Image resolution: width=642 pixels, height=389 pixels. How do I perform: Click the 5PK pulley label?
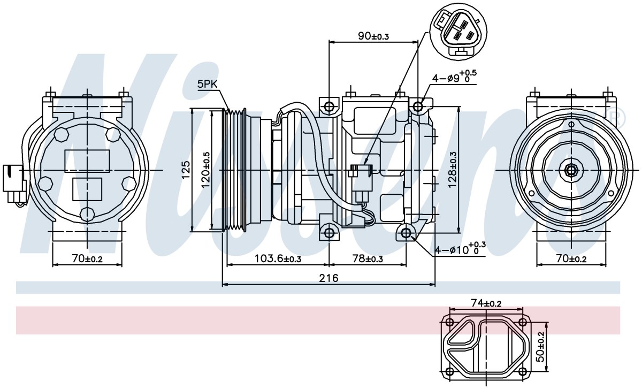[x=207, y=85]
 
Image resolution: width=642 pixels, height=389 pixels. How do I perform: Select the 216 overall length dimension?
[x=328, y=278]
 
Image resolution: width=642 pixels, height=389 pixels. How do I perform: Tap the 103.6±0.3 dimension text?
[x=278, y=259]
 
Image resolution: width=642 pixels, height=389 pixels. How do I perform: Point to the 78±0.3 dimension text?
[x=368, y=259]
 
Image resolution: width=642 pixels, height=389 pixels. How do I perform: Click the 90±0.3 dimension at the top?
[x=373, y=36]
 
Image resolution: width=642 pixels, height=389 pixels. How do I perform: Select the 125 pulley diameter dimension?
[x=186, y=169]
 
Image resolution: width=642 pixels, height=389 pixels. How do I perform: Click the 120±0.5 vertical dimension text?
[x=205, y=170]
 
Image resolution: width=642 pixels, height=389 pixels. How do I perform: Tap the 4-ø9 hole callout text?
[x=454, y=76]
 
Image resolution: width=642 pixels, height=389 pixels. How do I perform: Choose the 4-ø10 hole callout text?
[x=460, y=248]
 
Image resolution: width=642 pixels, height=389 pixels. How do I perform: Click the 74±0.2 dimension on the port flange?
[x=486, y=303]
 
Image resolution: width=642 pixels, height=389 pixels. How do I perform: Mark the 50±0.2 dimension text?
[x=540, y=347]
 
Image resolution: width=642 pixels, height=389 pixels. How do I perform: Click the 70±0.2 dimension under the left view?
[x=87, y=259]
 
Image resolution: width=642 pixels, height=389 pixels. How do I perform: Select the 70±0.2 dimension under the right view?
[x=571, y=259]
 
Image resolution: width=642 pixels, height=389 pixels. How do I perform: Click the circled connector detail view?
[x=458, y=32]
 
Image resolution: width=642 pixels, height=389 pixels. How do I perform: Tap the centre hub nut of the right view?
[x=571, y=170]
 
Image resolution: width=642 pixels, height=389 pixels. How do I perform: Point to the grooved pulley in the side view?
[x=235, y=170]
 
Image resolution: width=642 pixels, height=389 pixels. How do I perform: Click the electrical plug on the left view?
[x=14, y=184]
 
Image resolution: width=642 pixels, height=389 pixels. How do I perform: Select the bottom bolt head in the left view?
[x=87, y=214]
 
